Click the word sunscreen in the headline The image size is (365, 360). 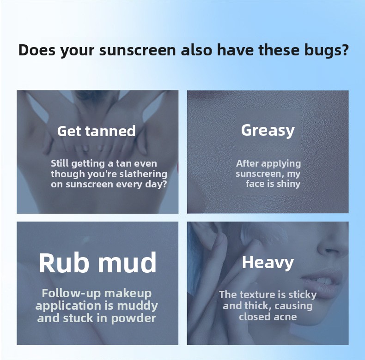(137, 50)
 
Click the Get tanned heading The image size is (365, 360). (97, 131)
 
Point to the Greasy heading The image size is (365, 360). (268, 131)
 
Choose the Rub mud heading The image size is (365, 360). (97, 262)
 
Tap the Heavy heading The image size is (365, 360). (268, 263)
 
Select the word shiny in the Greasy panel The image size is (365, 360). (289, 184)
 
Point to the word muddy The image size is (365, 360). (137, 306)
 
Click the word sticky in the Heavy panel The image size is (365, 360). (303, 295)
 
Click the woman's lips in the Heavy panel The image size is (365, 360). (322, 284)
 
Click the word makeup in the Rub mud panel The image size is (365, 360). (128, 294)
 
